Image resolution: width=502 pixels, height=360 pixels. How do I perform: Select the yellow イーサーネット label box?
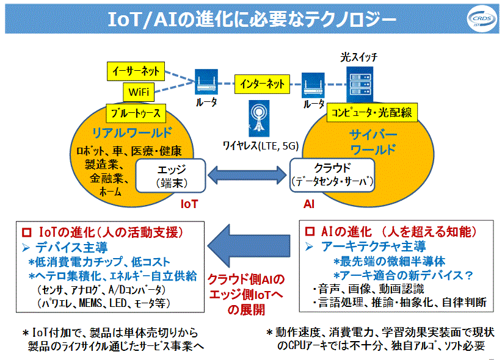(x=135, y=71)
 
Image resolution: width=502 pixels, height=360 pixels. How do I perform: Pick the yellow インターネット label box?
(x=262, y=82)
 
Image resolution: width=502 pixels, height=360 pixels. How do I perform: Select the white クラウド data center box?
(x=333, y=174)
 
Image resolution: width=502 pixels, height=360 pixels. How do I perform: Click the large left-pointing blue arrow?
(x=250, y=246)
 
